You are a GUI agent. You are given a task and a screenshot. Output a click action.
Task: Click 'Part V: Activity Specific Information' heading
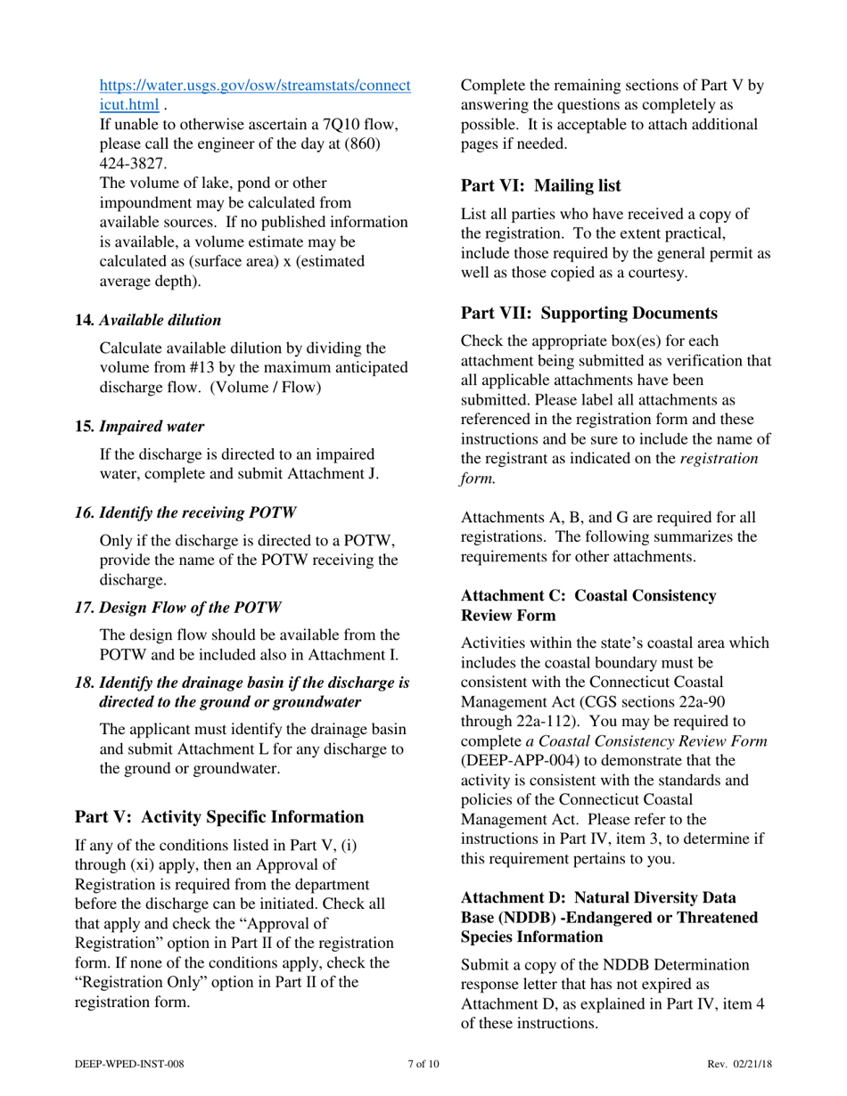[x=219, y=817]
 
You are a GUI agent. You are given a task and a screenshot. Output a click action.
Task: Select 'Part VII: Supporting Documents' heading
[x=588, y=314]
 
